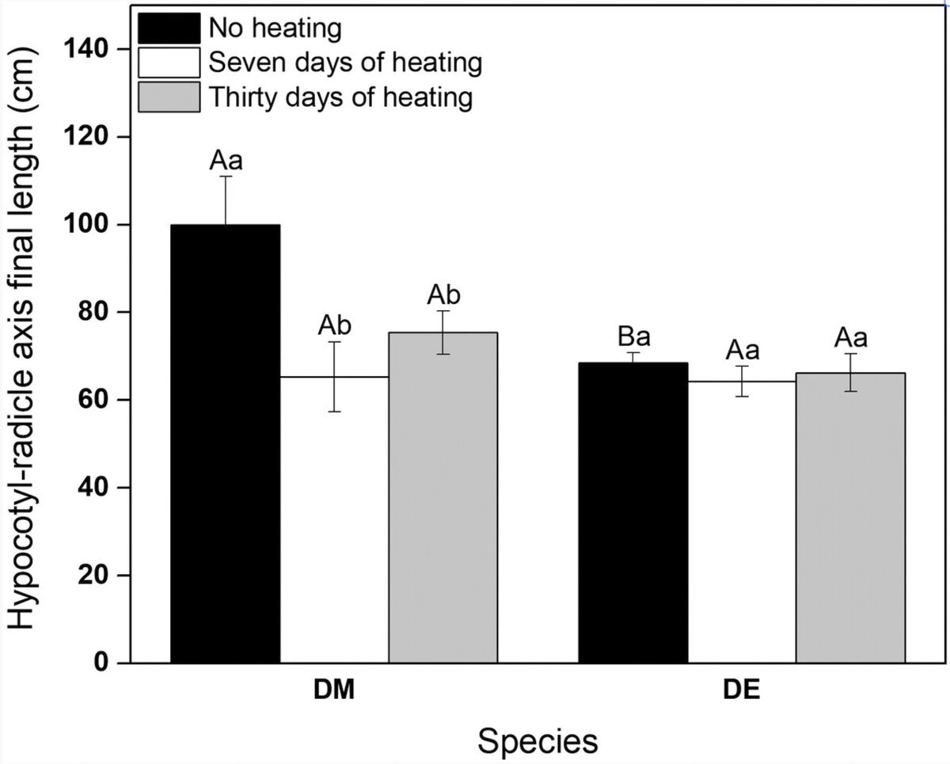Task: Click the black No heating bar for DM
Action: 226,443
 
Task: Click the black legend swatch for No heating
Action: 169,29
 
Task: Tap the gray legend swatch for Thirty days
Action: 169,97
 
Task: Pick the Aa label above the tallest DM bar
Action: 226,162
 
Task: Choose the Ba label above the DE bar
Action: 633,337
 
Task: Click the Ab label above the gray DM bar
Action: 443,296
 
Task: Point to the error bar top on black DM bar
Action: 226,177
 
